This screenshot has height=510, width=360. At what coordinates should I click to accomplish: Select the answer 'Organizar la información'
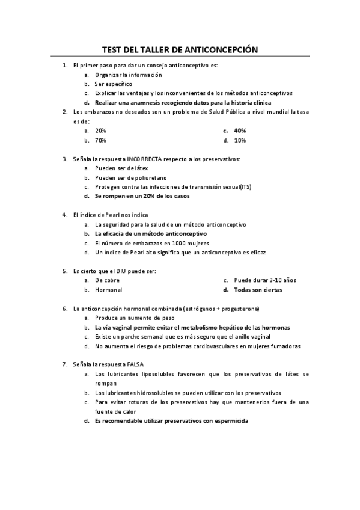click(128, 75)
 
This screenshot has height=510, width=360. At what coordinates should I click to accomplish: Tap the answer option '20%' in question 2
click(100, 131)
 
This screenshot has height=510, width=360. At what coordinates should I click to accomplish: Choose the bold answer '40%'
click(240, 131)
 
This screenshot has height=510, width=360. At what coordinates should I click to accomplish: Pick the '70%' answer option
click(100, 140)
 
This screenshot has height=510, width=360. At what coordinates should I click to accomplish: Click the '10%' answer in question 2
click(240, 140)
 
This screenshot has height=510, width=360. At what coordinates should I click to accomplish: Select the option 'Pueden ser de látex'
click(121, 168)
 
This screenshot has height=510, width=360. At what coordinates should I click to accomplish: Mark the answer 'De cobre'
click(107, 280)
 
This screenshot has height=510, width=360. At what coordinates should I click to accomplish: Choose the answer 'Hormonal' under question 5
click(108, 290)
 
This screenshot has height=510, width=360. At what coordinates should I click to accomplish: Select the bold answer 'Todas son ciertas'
click(258, 290)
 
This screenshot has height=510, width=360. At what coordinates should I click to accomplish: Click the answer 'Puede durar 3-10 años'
click(264, 280)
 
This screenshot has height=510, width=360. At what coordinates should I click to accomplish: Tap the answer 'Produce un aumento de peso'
click(135, 318)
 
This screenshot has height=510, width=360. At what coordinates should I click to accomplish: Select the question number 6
click(64, 309)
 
